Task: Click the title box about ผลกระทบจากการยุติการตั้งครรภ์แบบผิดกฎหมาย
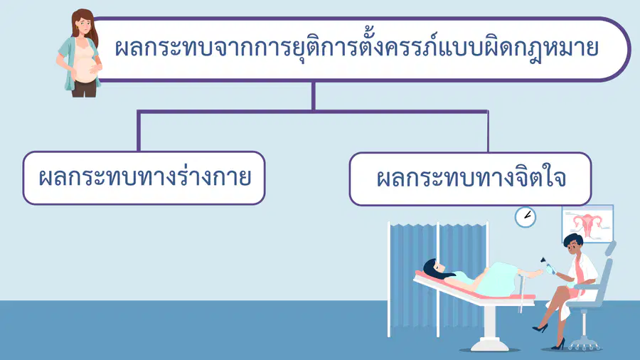pyautogui.click(x=359, y=49)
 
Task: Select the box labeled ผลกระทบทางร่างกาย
pyautogui.click(x=144, y=178)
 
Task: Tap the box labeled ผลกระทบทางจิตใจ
pyautogui.click(x=470, y=179)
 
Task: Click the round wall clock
pyautogui.click(x=526, y=217)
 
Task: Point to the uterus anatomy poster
pyautogui.click(x=588, y=223)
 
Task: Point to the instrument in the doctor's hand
pyautogui.click(x=547, y=265)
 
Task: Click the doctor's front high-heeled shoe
pyautogui.click(x=540, y=328)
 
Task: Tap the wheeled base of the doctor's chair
pyautogui.click(x=585, y=346)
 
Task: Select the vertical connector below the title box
pyautogui.click(x=313, y=96)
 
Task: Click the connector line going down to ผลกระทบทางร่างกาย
pyautogui.click(x=139, y=132)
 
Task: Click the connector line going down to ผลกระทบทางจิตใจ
pyautogui.click(x=488, y=132)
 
